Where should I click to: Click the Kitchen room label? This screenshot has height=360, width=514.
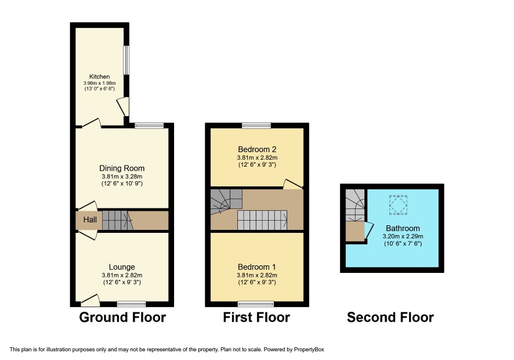pos(99,77)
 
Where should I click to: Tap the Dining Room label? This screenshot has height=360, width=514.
pos(122,168)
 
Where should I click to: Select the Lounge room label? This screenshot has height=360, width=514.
pos(122,267)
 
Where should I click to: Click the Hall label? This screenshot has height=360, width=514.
pos(90,219)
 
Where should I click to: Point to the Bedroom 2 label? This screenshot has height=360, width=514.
pos(257,149)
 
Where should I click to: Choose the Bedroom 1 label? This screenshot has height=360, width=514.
pos(257,267)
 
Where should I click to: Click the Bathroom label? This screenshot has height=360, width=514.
pos(403,228)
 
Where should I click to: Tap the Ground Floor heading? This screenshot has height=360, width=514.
pos(122,318)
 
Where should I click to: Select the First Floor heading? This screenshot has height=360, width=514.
pos(256,318)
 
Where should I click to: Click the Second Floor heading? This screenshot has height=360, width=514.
pos(390,318)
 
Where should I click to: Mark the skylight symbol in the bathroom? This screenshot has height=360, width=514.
pos(399,205)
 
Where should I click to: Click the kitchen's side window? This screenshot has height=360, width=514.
pos(126,60)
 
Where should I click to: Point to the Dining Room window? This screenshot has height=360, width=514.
pos(149,125)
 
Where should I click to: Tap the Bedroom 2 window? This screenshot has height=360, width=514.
pos(256,125)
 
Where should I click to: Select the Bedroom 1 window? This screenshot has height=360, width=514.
pos(256,304)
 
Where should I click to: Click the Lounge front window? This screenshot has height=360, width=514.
pos(132,304)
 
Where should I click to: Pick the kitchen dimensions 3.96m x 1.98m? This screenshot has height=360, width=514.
pos(99,84)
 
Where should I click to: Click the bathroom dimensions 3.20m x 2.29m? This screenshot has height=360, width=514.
pos(403,236)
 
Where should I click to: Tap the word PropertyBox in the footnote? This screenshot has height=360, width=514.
pos(309,350)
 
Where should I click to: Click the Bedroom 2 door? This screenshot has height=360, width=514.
pos(292,184)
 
